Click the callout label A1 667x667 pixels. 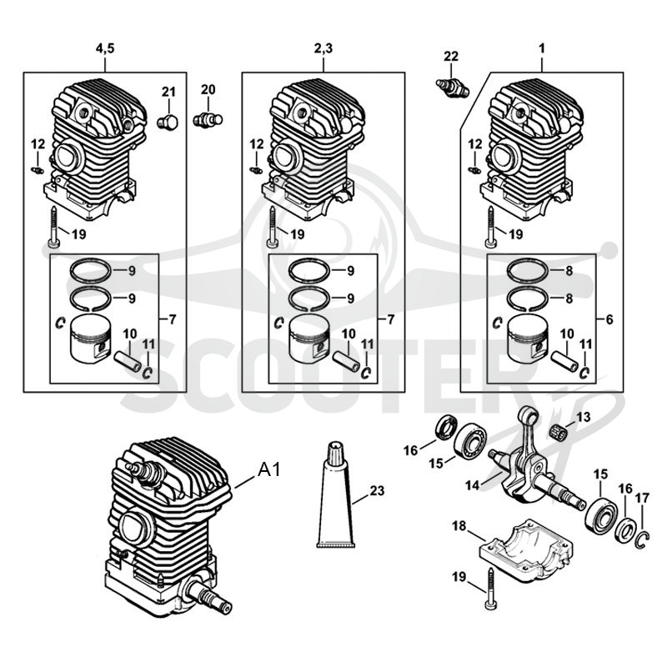(x=269, y=469)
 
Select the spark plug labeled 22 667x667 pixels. (x=452, y=87)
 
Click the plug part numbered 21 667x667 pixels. (x=168, y=122)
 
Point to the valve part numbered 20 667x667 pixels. (x=208, y=118)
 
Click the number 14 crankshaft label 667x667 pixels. (x=472, y=484)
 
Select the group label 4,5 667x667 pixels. (x=105, y=48)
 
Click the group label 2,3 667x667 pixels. (x=323, y=48)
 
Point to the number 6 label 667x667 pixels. (x=609, y=319)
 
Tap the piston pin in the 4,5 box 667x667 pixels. (x=128, y=362)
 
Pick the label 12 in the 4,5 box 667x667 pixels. (x=38, y=144)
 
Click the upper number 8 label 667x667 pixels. (x=569, y=270)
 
